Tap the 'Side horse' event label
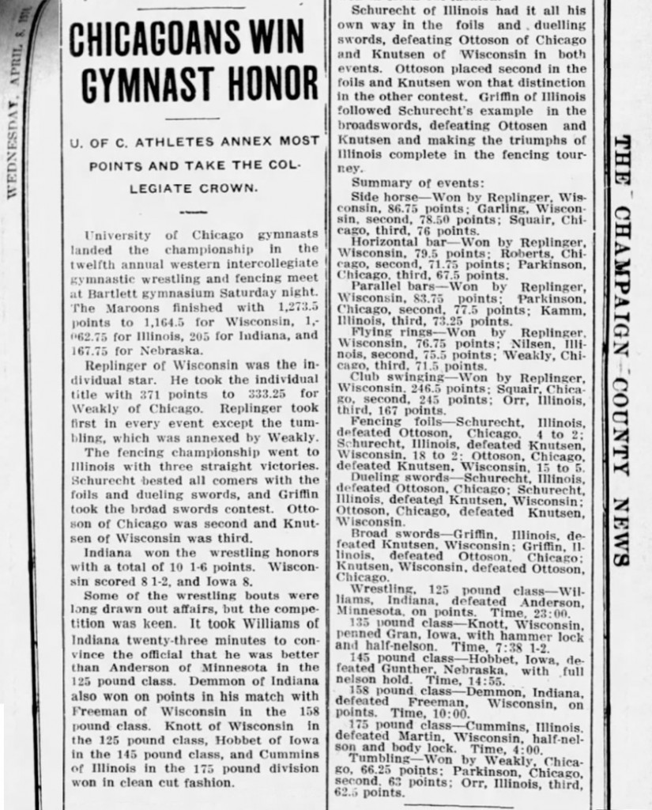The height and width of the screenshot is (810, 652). pos(379,195)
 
